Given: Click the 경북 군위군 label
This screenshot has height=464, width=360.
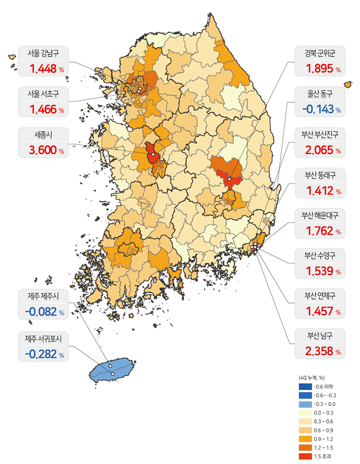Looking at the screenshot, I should (x=320, y=54).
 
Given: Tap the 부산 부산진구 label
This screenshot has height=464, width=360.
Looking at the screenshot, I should (x=320, y=136).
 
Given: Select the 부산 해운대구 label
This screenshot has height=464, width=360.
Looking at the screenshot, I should (x=320, y=216).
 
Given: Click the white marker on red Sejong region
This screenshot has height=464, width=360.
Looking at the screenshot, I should (x=153, y=155).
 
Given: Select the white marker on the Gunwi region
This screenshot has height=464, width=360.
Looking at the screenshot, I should (x=229, y=179).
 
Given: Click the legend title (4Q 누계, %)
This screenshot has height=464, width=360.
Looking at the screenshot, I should (x=312, y=377).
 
